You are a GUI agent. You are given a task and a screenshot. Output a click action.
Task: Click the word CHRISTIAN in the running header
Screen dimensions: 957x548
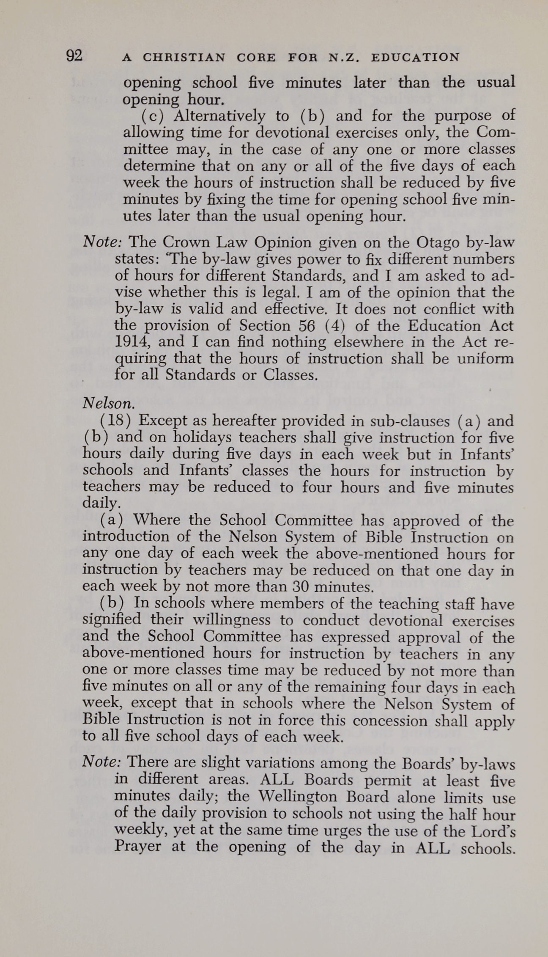tap(184, 58)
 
